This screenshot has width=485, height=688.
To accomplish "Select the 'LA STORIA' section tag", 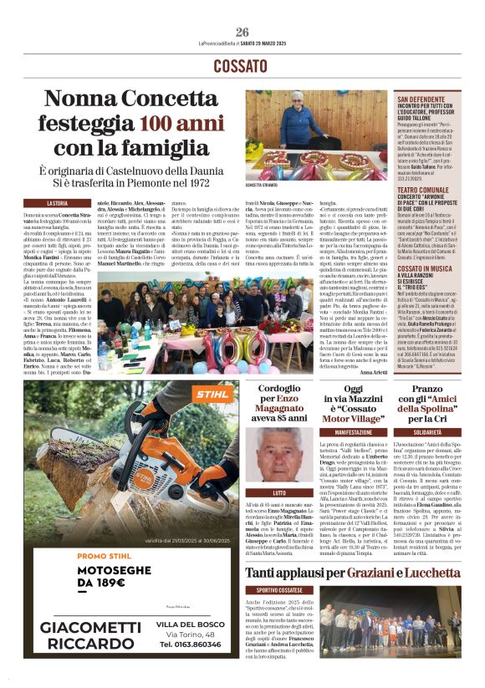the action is click(57, 203).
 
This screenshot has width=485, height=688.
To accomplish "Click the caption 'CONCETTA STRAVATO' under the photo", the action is click(263, 184).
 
